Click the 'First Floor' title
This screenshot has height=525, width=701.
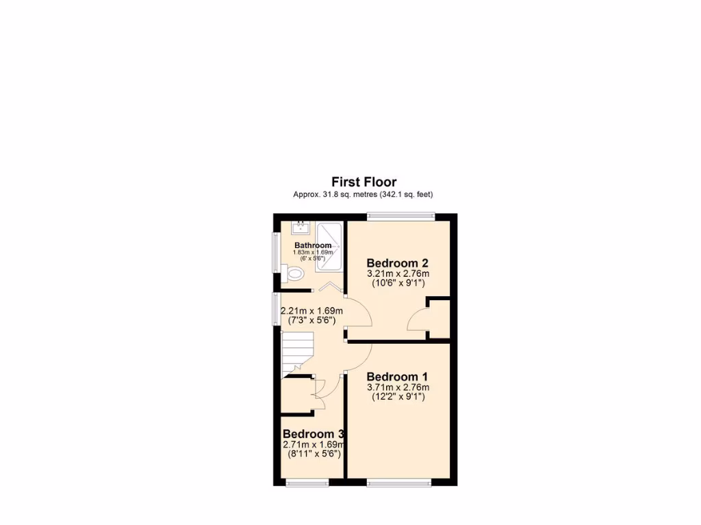(x=364, y=182)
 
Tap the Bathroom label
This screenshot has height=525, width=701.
(x=313, y=245)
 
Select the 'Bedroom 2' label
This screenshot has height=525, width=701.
(x=398, y=263)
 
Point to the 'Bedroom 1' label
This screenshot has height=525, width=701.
(x=398, y=377)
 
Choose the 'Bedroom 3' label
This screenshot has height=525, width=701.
(x=313, y=434)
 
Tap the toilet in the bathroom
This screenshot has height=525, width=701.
(x=294, y=274)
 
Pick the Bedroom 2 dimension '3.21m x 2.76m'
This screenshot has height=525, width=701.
(x=398, y=274)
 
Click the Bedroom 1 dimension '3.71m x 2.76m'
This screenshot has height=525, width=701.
(x=398, y=388)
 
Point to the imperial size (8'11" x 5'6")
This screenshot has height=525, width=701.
(x=313, y=453)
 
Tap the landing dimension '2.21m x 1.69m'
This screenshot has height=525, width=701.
(x=312, y=312)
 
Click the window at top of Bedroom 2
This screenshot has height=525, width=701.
(x=400, y=217)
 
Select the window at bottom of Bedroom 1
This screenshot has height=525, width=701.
(x=400, y=483)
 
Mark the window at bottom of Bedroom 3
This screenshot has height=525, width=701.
(x=307, y=483)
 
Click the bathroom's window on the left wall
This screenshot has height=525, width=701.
(x=276, y=252)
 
